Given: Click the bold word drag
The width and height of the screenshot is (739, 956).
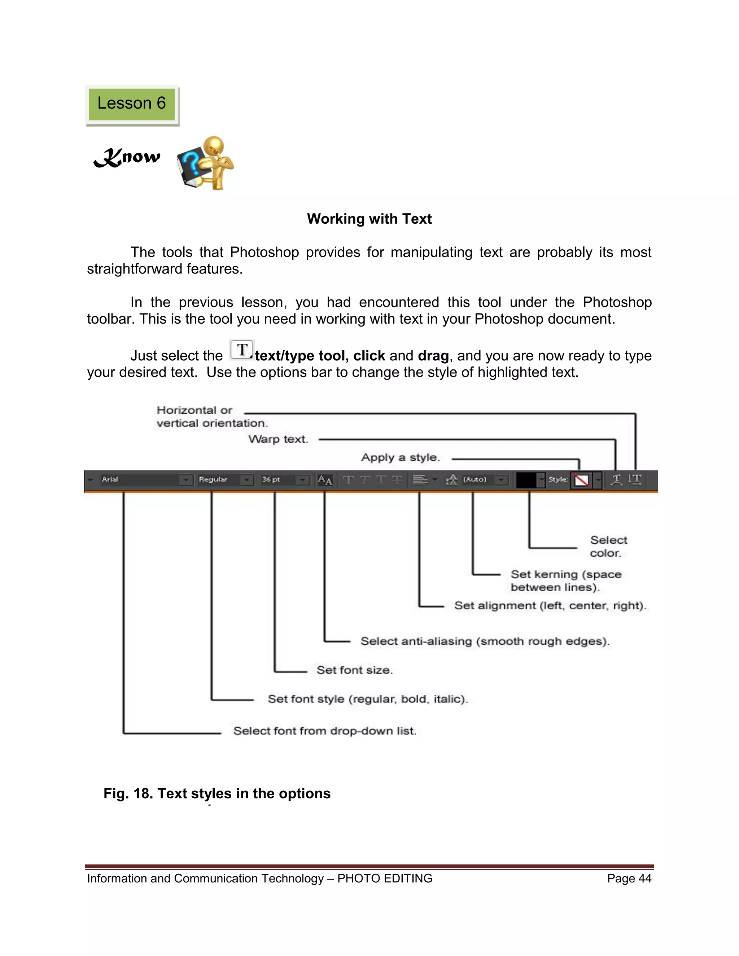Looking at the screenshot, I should (x=433, y=356).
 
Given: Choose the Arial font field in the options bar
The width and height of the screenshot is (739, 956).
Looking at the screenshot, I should (x=140, y=480).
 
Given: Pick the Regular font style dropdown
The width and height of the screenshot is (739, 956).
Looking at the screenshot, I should (x=219, y=480).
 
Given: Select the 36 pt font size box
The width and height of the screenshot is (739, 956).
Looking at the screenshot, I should (x=278, y=480).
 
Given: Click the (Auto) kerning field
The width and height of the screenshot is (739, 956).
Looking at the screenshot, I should (x=475, y=480).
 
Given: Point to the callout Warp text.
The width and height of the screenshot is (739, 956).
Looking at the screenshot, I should (x=279, y=439).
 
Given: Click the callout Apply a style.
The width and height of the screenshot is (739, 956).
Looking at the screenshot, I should (x=400, y=458).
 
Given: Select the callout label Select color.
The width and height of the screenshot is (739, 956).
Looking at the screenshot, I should (x=608, y=546).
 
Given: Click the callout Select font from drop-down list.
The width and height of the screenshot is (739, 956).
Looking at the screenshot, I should (x=324, y=731).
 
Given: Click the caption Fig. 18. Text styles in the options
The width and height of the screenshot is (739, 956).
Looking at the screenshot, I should (x=217, y=794).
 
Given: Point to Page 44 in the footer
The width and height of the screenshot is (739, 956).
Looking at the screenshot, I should (x=629, y=878).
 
